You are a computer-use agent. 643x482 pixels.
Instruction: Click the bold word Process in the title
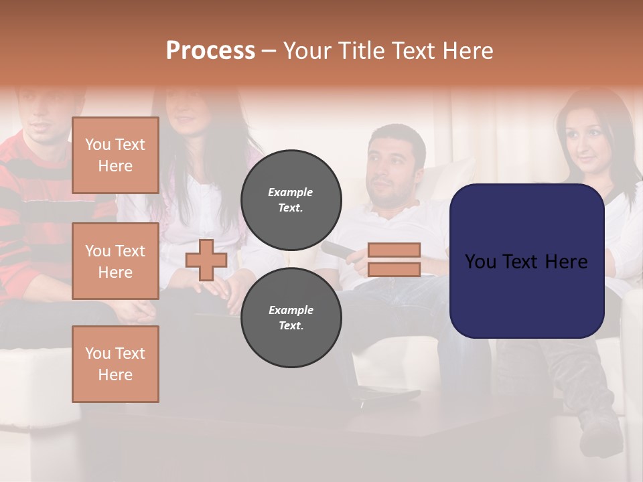(x=210, y=51)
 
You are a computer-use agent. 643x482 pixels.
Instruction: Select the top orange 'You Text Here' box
(x=115, y=155)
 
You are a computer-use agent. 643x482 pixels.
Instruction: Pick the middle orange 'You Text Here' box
(x=115, y=261)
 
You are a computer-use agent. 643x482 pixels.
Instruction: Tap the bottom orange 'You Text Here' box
(x=115, y=364)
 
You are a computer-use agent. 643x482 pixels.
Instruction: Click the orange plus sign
(x=206, y=260)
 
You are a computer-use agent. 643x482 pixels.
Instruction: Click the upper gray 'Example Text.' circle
(x=291, y=199)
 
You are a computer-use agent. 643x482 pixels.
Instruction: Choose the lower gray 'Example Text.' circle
(x=291, y=317)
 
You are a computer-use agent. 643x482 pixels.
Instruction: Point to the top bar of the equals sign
(x=394, y=250)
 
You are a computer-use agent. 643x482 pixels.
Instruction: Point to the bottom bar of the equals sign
(x=394, y=269)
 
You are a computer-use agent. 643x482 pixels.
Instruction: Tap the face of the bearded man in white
(x=392, y=167)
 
